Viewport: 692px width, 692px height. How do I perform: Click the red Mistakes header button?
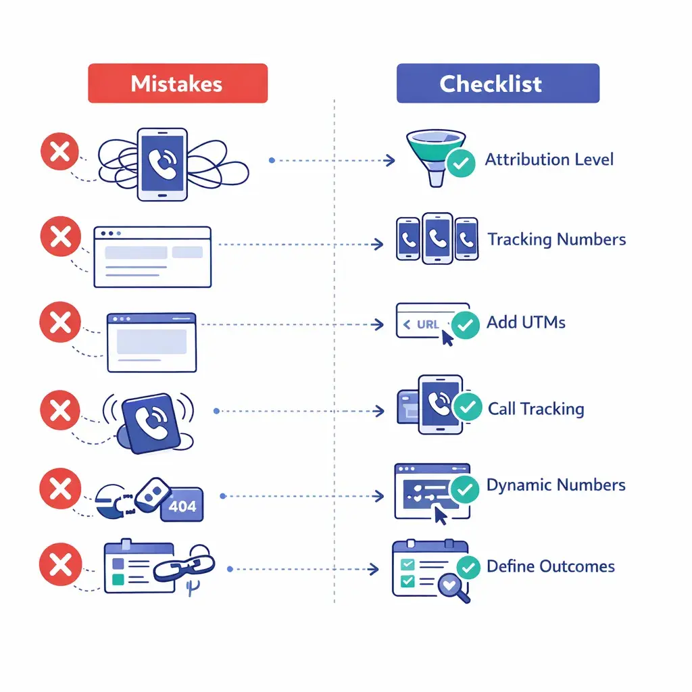click(178, 83)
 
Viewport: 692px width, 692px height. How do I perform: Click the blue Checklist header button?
click(497, 83)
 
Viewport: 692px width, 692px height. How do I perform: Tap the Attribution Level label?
click(549, 160)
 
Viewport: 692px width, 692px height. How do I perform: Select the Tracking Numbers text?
click(556, 240)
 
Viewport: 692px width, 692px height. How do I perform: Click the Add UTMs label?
click(526, 322)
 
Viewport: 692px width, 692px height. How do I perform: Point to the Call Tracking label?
click(536, 409)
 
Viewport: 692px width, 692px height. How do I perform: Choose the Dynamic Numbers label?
click(555, 485)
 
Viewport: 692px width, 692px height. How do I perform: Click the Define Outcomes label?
click(550, 566)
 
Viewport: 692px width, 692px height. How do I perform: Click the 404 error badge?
click(182, 506)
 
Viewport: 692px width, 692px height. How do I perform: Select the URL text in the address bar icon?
click(427, 324)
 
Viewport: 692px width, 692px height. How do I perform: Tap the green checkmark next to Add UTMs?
click(465, 324)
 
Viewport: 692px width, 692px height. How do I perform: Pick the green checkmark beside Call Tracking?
click(466, 407)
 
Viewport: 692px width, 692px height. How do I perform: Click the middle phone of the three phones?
click(436, 239)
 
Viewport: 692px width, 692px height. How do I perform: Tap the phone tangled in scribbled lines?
click(162, 165)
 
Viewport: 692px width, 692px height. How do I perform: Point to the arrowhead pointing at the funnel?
click(390, 161)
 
